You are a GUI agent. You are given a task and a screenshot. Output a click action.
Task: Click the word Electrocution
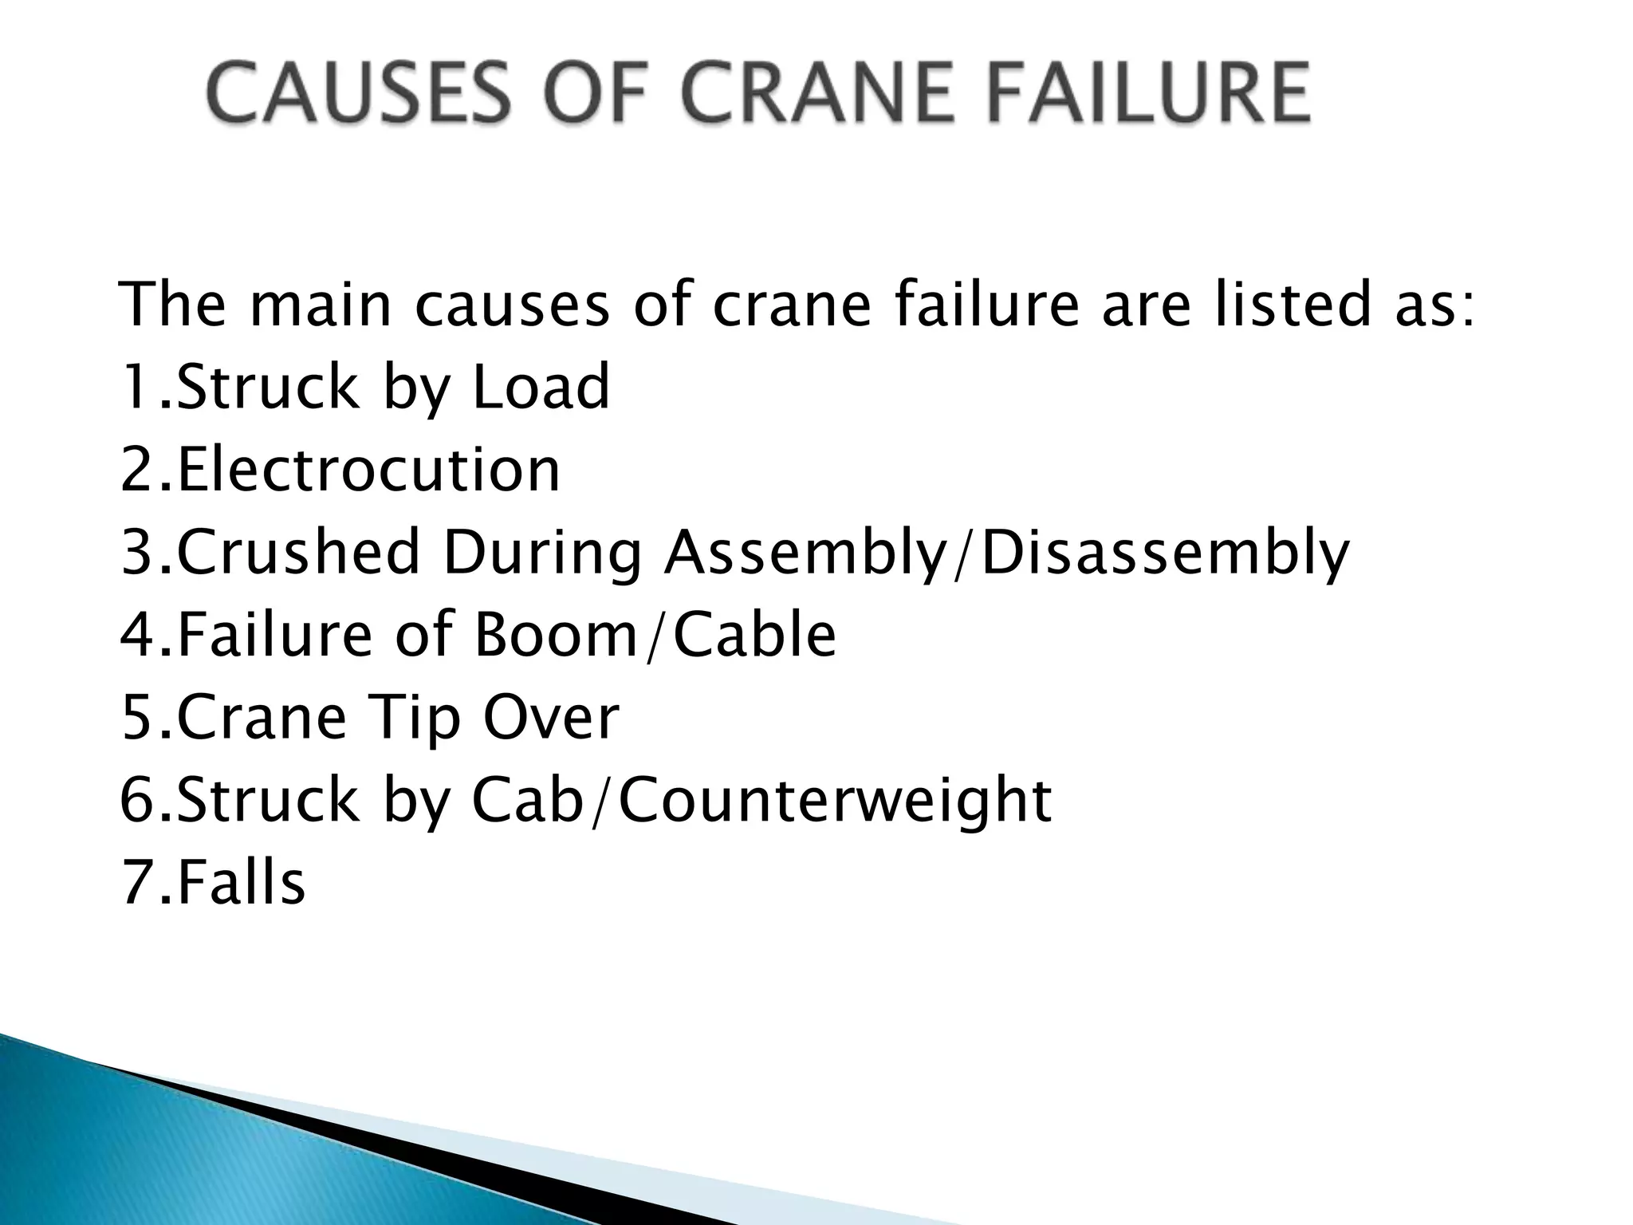click(368, 470)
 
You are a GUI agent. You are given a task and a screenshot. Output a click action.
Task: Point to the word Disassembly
click(1164, 554)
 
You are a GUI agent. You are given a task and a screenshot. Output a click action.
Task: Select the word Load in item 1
click(541, 387)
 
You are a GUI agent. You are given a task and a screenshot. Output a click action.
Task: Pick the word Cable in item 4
click(754, 636)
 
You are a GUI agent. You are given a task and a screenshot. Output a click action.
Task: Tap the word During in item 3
click(542, 554)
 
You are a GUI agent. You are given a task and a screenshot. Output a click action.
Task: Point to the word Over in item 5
click(550, 719)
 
